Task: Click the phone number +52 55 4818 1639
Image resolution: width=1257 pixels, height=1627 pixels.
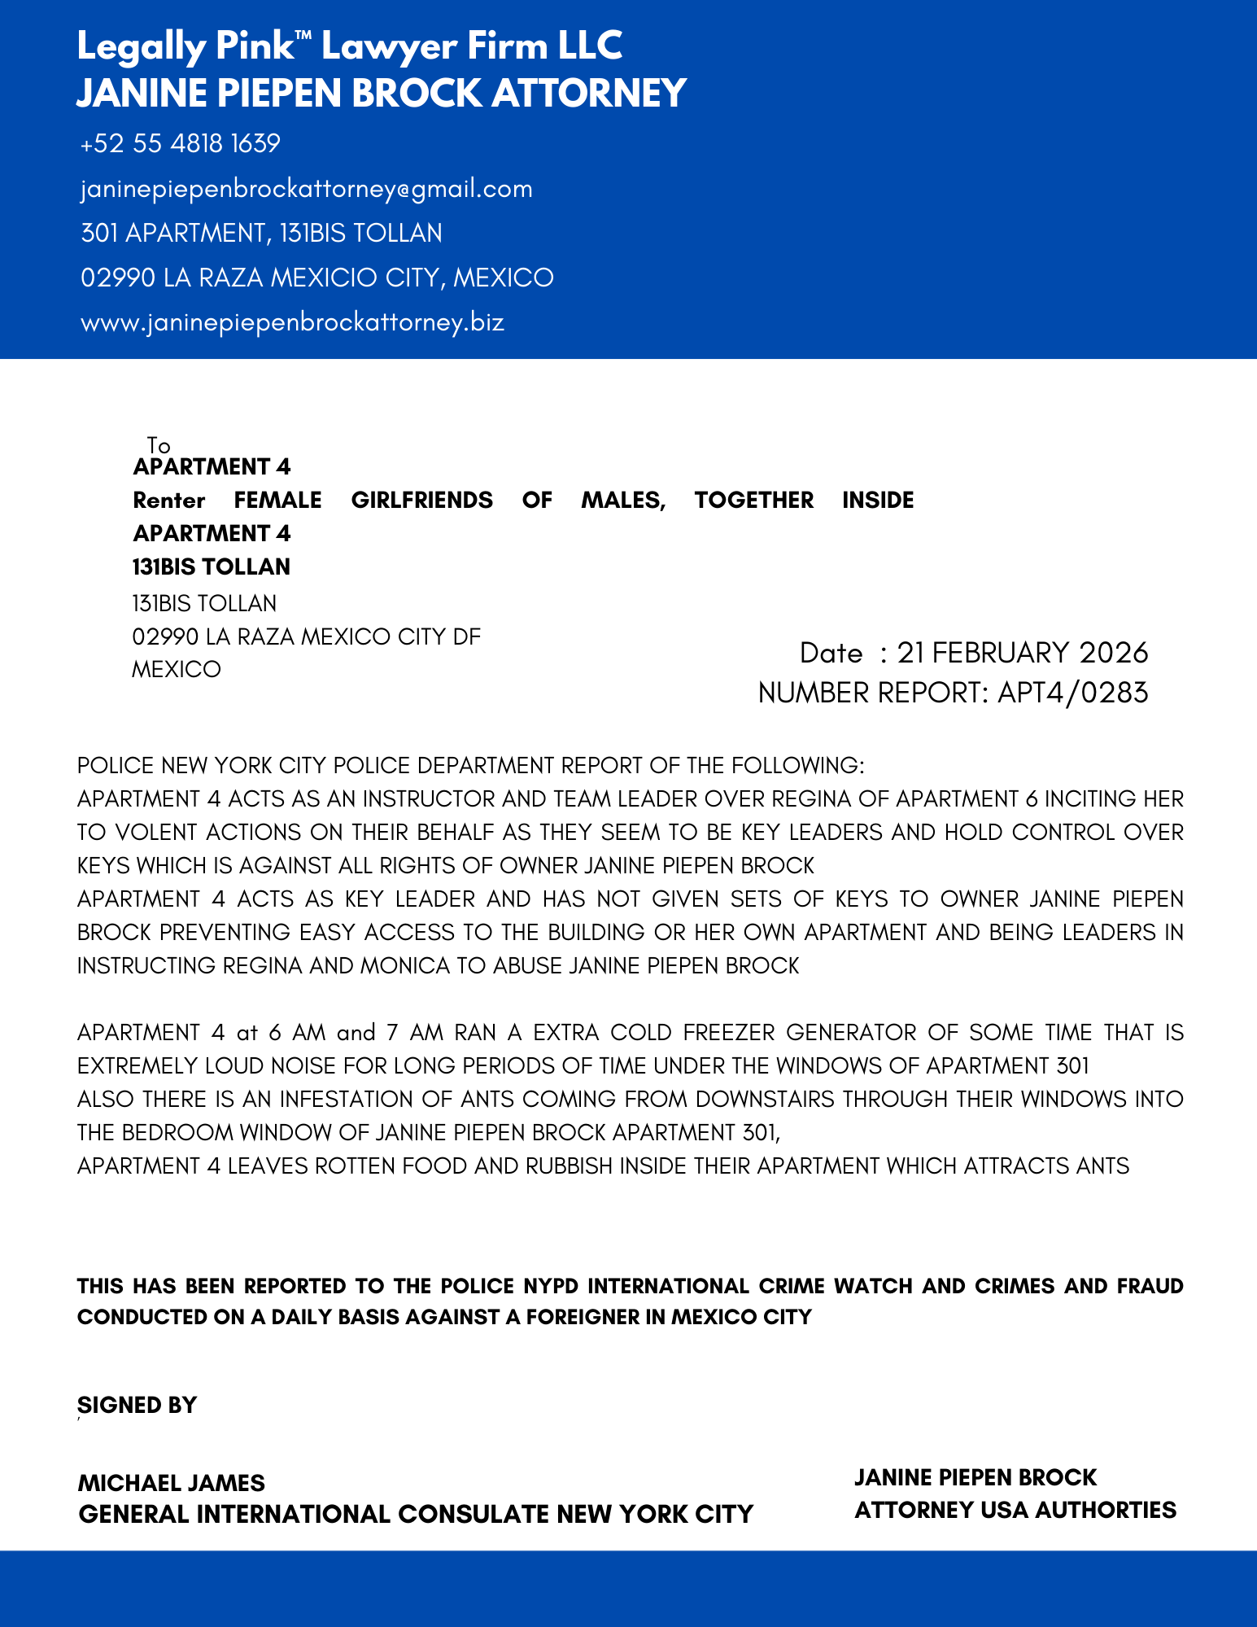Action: (x=181, y=144)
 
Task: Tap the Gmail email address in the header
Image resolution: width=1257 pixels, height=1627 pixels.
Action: (x=307, y=189)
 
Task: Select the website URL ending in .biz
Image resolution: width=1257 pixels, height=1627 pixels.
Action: (x=293, y=322)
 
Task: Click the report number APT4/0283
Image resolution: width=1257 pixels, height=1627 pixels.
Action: (x=1073, y=693)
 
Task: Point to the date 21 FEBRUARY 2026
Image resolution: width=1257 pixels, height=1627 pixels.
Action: (x=1023, y=653)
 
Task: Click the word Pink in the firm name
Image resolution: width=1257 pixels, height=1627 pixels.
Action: (x=253, y=46)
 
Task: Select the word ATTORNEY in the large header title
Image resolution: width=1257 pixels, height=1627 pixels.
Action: (x=589, y=93)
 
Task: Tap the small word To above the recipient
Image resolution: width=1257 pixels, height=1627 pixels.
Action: (x=159, y=445)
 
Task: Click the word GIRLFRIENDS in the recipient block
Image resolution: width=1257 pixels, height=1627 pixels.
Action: (x=421, y=500)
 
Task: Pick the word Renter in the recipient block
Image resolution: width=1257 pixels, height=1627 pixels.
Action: (x=169, y=500)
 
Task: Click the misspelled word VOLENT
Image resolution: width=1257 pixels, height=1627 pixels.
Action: (x=156, y=832)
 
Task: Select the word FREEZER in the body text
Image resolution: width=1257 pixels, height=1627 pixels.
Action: (x=729, y=1032)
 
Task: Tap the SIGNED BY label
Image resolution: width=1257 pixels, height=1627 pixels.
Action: (x=137, y=1405)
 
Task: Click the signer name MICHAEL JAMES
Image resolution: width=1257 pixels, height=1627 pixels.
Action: (x=172, y=1482)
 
